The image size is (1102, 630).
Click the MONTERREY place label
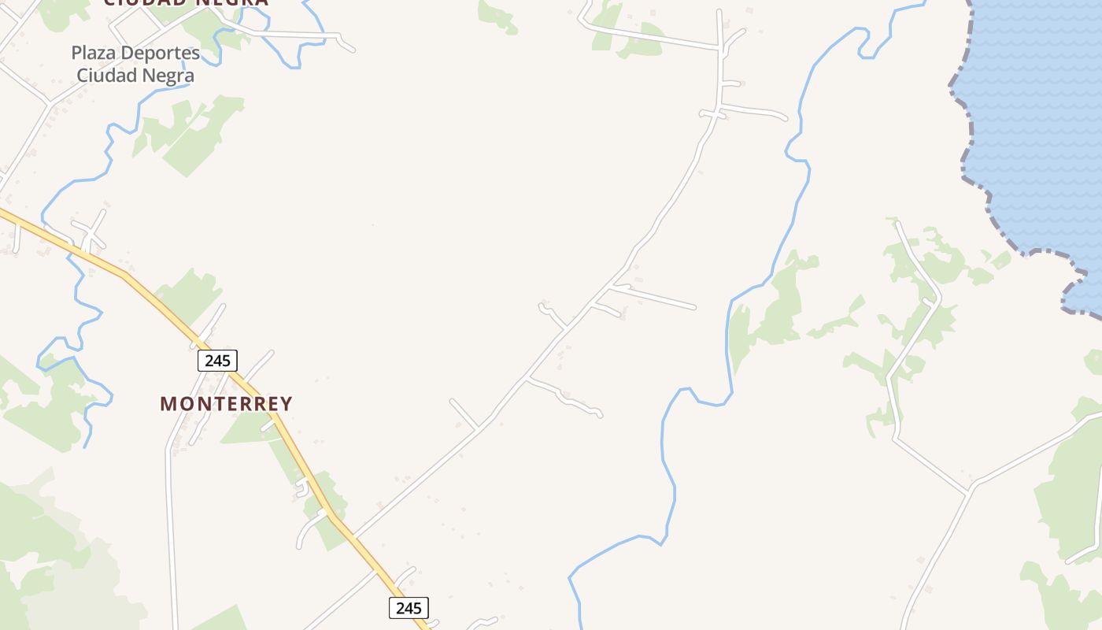[226, 404]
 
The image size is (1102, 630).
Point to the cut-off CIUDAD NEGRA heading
[186, 2]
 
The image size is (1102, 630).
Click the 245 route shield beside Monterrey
[216, 361]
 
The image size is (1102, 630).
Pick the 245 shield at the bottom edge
[409, 608]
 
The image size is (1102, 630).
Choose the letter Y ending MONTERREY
[286, 404]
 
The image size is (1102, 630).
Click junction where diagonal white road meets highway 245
[352, 537]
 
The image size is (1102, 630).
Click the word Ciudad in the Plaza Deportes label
[105, 76]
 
